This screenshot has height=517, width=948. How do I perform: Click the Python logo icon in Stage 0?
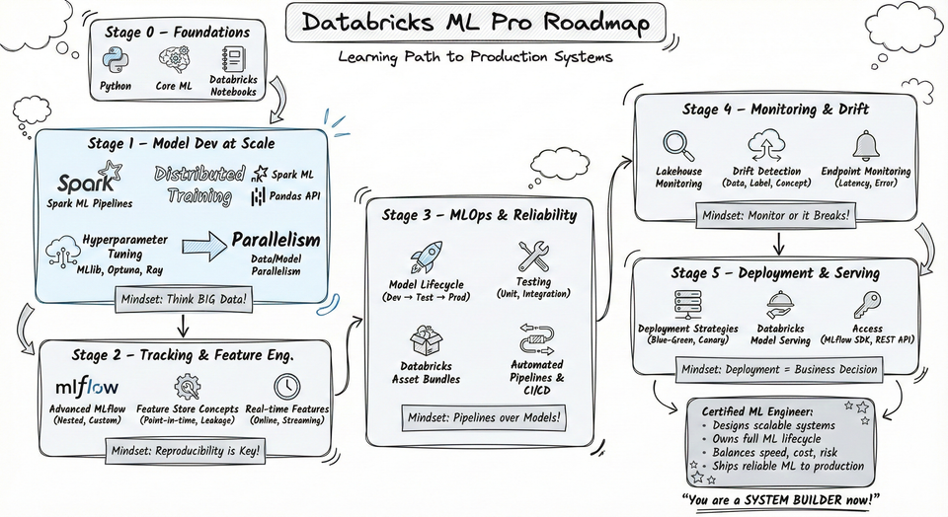(117, 61)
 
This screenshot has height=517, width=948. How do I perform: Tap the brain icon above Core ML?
(174, 61)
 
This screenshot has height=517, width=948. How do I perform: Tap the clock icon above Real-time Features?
(287, 385)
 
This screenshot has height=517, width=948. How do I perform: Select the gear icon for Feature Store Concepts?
(186, 386)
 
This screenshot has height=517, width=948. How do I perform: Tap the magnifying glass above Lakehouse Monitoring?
(678, 146)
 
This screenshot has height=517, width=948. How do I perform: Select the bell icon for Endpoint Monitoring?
(866, 146)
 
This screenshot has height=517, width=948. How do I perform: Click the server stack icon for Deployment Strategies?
(684, 304)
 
